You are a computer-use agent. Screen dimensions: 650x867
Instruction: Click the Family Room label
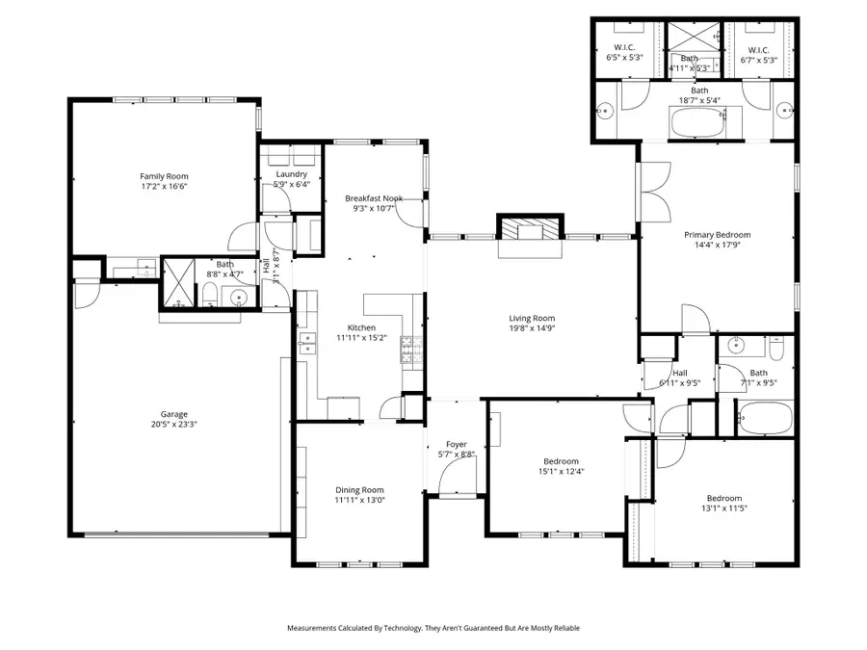[164, 176]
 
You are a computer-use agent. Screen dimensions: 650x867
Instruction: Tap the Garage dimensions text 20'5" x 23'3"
[173, 424]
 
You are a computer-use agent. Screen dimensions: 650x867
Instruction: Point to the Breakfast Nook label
[374, 197]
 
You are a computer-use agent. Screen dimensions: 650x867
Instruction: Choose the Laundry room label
[291, 174]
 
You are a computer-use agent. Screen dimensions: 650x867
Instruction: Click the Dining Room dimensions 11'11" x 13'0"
[359, 501]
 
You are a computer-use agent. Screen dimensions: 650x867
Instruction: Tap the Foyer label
[457, 444]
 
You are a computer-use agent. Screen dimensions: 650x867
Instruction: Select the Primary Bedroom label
[717, 234]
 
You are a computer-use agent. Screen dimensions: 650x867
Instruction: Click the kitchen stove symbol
[407, 347]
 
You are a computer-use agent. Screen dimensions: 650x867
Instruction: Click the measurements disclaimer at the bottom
[433, 628]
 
